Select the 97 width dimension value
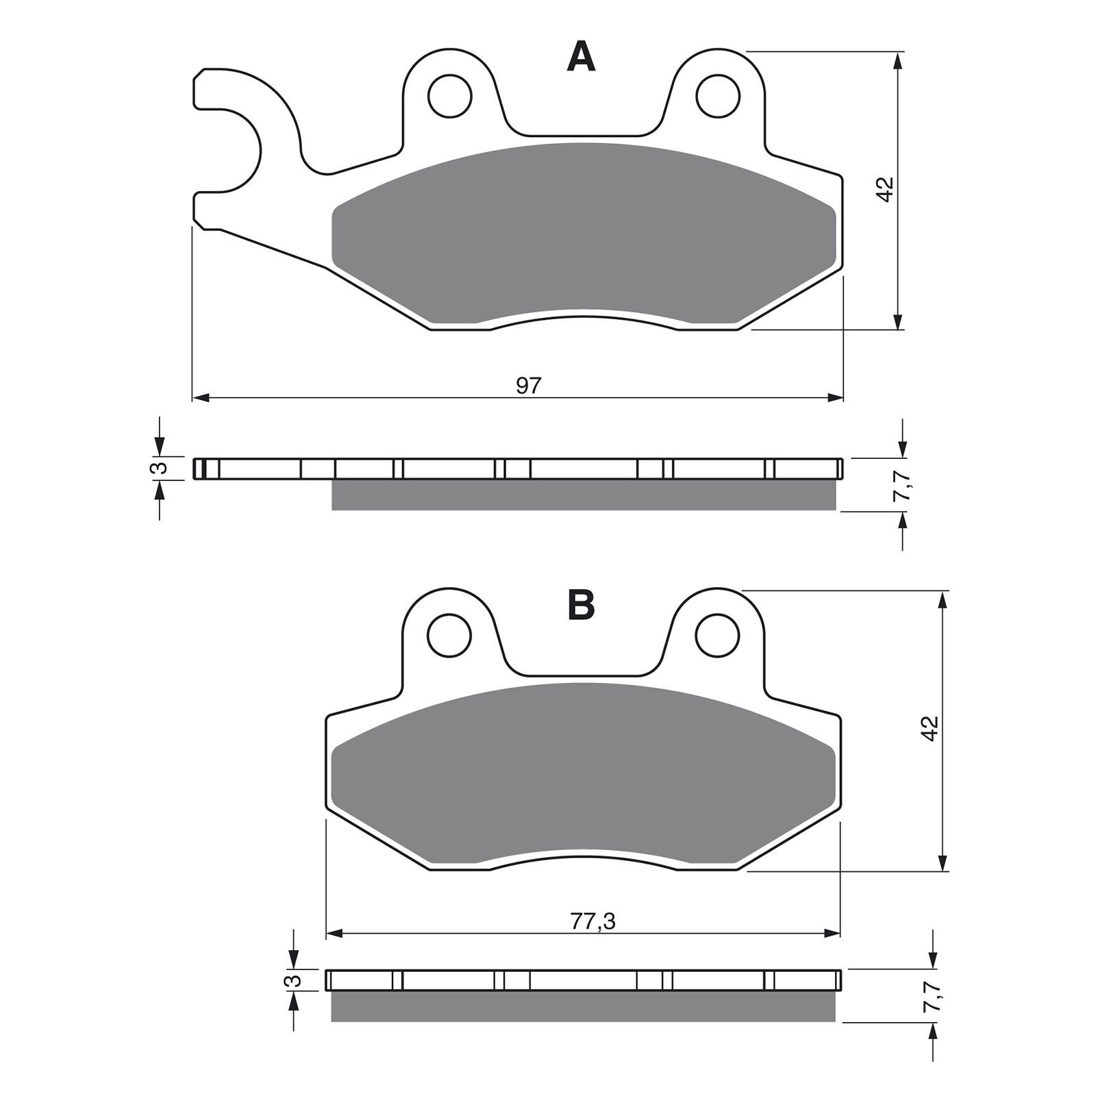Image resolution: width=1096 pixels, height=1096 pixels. coord(528,386)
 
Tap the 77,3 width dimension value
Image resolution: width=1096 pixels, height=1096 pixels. coord(593,922)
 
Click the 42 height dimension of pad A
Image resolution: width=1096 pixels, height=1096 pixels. coord(886,189)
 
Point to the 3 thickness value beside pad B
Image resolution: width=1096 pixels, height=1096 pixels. coord(293,980)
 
